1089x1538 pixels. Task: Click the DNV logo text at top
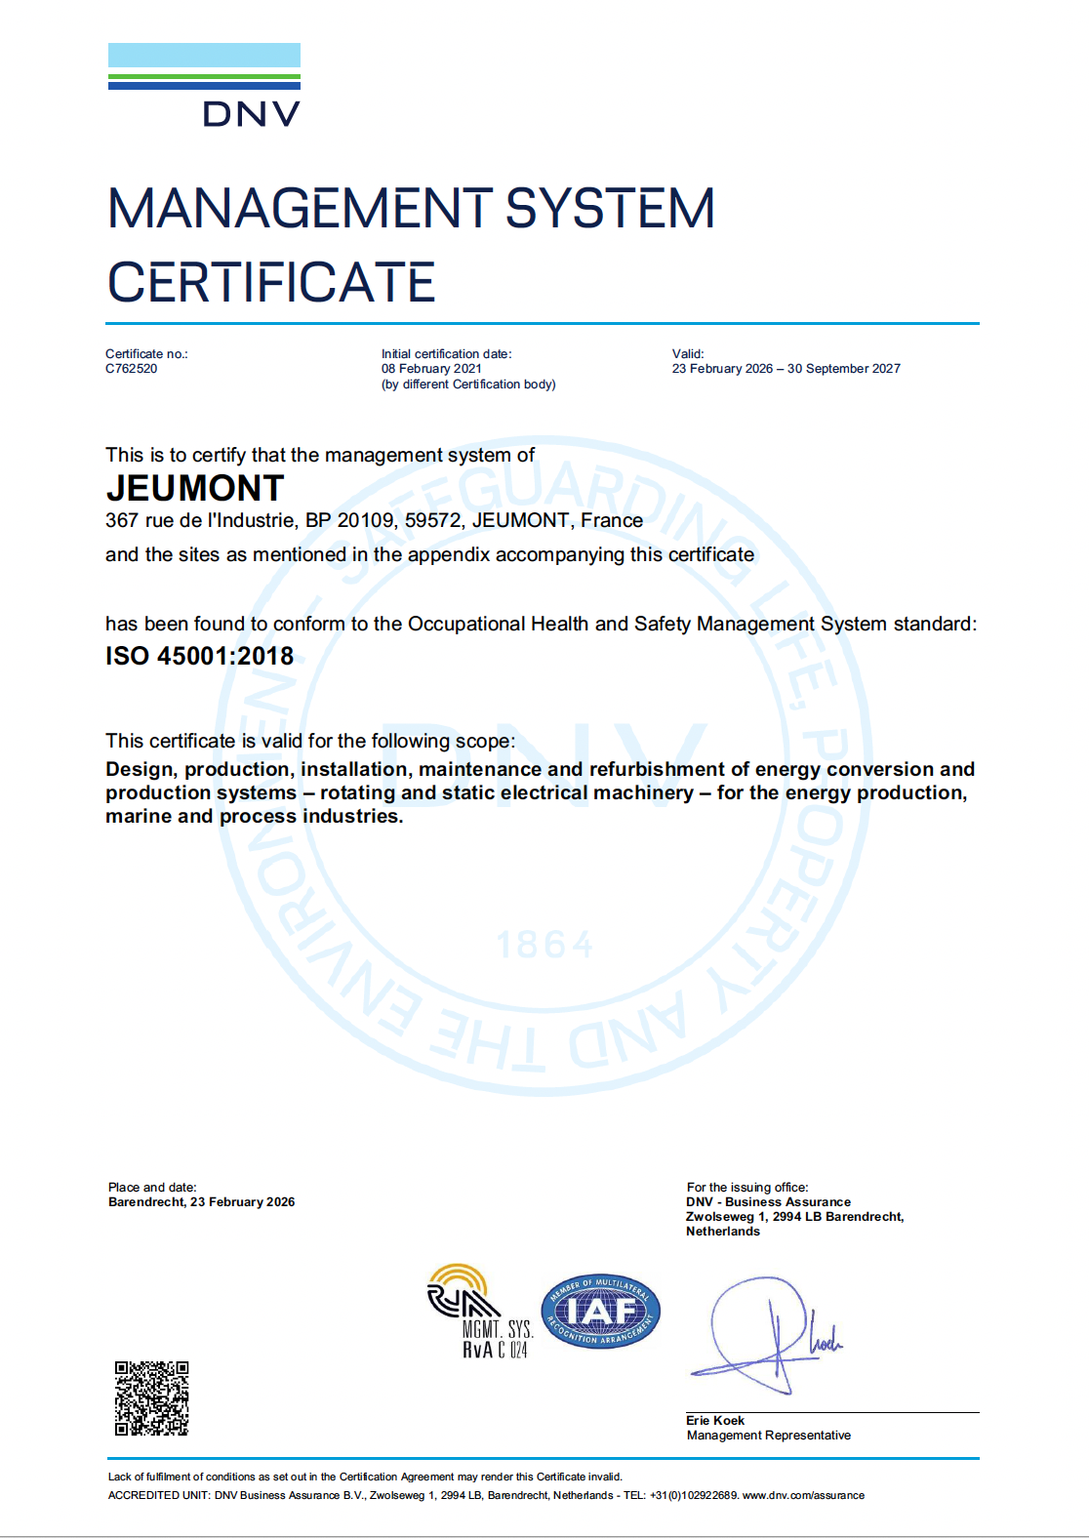tap(251, 114)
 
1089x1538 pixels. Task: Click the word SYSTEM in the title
tap(610, 209)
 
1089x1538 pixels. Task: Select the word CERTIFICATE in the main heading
tap(271, 283)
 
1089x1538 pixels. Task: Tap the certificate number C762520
tap(132, 369)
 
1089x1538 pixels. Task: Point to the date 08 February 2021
tap(431, 369)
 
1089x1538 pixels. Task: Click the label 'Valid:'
tap(688, 354)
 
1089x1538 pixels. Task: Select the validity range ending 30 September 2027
tap(786, 369)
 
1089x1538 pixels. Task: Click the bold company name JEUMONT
tap(195, 488)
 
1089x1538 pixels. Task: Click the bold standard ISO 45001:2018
tap(200, 656)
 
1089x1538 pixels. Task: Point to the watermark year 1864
tap(544, 945)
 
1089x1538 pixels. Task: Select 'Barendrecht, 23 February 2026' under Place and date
tap(201, 1202)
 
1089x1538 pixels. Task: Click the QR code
tap(151, 1398)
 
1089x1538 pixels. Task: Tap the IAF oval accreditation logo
tap(600, 1312)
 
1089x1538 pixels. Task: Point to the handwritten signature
tap(766, 1332)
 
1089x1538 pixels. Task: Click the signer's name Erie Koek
tap(715, 1421)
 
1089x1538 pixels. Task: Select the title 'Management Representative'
tap(768, 1436)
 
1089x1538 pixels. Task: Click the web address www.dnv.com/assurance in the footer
tap(803, 1495)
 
